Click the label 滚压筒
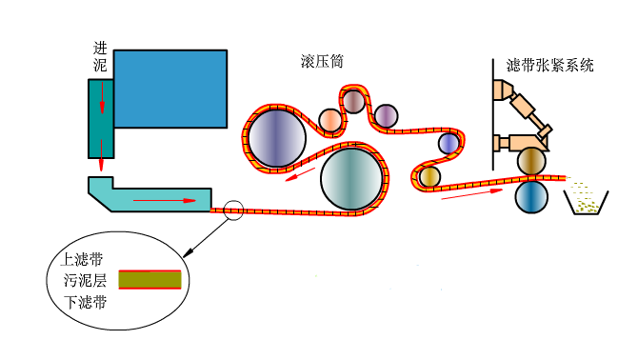point(321,59)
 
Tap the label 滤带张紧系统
point(549,66)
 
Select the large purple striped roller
point(277,137)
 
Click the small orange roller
point(329,120)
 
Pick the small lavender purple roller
point(385,116)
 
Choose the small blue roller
point(449,143)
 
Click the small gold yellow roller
point(429,176)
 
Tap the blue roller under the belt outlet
point(531,197)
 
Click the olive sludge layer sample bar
point(150,280)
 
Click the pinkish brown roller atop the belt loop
point(354,99)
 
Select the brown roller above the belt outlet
point(531,162)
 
